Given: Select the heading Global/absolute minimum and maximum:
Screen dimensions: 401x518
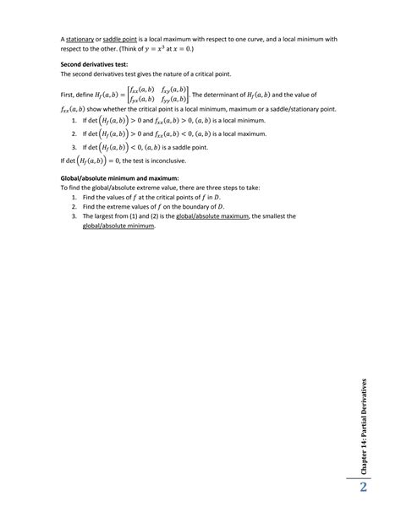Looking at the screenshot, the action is [x=119, y=178].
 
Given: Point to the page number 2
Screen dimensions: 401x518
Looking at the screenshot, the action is [x=363, y=488].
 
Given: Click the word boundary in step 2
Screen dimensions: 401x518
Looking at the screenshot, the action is [x=191, y=205].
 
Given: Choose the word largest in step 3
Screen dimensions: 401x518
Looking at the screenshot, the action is [x=101, y=215].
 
